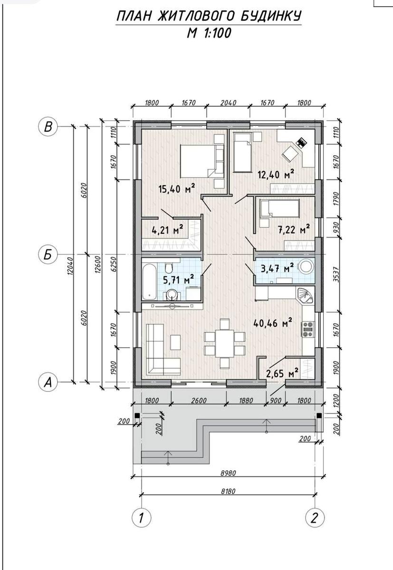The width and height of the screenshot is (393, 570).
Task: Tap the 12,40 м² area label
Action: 276,174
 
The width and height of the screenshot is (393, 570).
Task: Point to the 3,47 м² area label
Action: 277,268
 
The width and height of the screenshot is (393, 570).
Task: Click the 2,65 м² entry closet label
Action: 282,373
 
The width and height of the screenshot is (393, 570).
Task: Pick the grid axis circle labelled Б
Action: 48,254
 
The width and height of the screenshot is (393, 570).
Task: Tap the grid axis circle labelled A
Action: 48,382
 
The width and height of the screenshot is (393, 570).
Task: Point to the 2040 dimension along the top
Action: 228,103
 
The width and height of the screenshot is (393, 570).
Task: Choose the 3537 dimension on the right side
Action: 337,274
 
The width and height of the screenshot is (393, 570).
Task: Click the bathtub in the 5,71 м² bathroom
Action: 149,281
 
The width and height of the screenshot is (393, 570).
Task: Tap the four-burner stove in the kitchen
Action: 308,329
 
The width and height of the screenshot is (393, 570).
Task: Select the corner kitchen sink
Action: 306,295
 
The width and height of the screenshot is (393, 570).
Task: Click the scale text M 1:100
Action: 209,33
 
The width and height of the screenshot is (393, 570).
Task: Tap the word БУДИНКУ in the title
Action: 271,16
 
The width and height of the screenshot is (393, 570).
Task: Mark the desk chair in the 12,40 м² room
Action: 290,153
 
